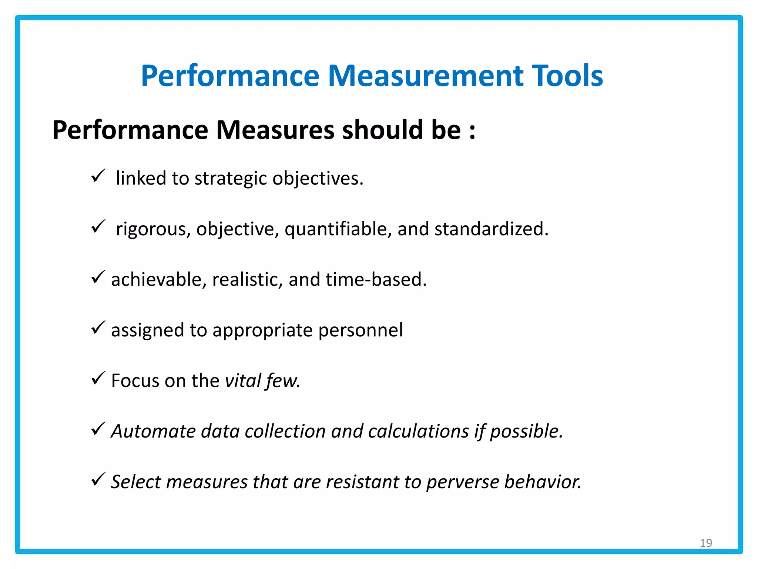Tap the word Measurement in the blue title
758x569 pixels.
426,76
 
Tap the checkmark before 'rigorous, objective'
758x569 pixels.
98,226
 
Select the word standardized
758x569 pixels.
491,229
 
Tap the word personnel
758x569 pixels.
360,330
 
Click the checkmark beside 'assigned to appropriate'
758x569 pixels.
98,327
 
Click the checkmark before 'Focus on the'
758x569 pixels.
98,378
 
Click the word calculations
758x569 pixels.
419,431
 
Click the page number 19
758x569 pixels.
706,543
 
